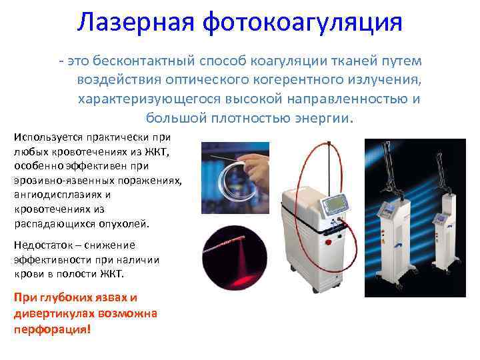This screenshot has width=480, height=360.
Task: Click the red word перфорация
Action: click(51, 329)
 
